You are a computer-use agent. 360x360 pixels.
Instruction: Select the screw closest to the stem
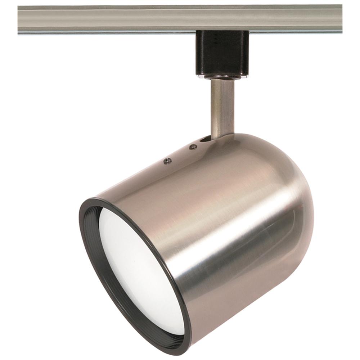click(193, 147)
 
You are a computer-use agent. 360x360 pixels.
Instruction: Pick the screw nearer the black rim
click(166, 161)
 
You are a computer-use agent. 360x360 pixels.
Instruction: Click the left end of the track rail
click(22, 20)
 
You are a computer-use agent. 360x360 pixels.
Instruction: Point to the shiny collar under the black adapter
click(222, 77)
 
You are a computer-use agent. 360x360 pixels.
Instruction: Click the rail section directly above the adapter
click(222, 20)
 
